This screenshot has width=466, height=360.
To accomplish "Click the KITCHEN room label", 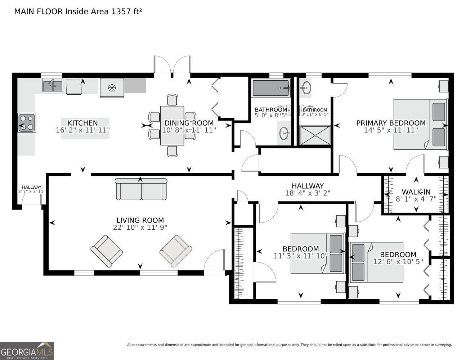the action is pos(83,123).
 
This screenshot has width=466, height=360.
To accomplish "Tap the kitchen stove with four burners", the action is pos(27,123).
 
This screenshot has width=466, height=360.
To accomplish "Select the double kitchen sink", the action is pos(53,85).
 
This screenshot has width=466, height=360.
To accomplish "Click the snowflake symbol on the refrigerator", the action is pos(112,87).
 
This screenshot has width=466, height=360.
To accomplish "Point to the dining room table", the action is pos(172,126).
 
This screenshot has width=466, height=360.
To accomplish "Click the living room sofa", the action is pos(141,189).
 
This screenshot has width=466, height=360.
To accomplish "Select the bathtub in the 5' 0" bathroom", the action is pos(271,88).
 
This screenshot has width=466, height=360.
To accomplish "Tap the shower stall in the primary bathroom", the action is pos(315,135).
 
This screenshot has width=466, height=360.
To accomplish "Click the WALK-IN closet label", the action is pos(416,192).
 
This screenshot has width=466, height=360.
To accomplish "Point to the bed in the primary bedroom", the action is pos(421,124).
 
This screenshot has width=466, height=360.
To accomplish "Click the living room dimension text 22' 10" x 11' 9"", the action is pos(140,228).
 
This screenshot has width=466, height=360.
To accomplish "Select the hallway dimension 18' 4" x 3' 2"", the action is pos(308,193).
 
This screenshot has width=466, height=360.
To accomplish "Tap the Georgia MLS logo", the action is pos(27,351).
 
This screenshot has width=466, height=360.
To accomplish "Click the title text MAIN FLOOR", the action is pos(39,12).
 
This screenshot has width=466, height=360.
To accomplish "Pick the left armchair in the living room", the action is pos(107,251).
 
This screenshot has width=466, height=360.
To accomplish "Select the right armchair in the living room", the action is pos(176,251).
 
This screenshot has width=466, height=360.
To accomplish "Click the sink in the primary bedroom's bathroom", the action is pos(306,87).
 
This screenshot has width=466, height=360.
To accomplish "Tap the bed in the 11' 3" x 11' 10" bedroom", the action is pos(318,253).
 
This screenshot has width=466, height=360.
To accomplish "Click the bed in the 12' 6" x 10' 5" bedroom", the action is pos(376,262).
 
